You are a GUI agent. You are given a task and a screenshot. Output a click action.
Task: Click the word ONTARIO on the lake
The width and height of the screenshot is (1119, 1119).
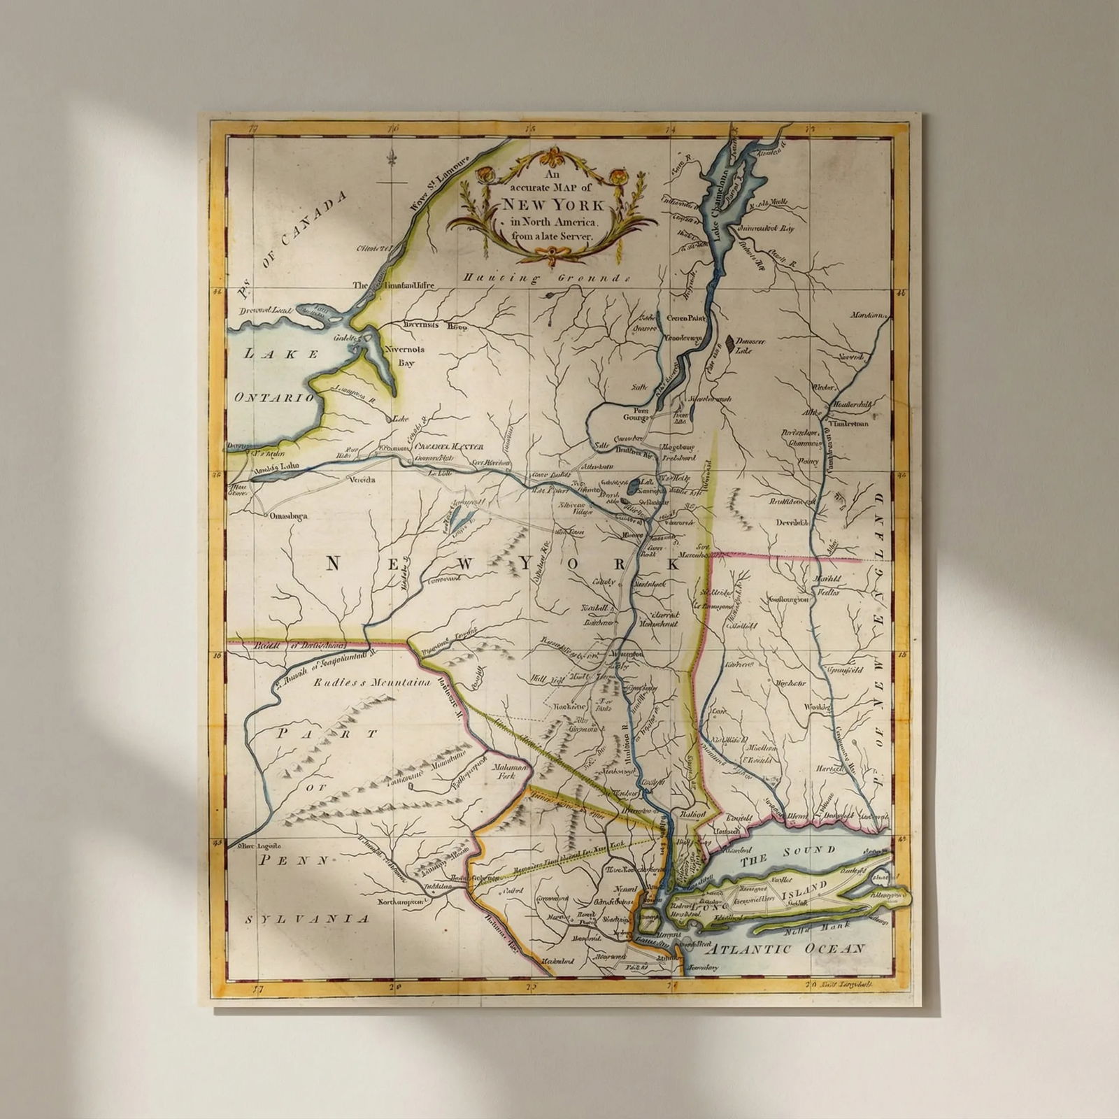pyautogui.click(x=275, y=397)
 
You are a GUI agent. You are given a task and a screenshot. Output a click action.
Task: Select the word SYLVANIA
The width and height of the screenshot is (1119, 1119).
pyautogui.click(x=307, y=918)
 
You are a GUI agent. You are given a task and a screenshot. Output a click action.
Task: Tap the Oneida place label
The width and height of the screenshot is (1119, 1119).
pyautogui.click(x=362, y=480)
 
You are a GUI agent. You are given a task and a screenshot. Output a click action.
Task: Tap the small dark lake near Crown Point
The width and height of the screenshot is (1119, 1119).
pyautogui.click(x=729, y=343)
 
